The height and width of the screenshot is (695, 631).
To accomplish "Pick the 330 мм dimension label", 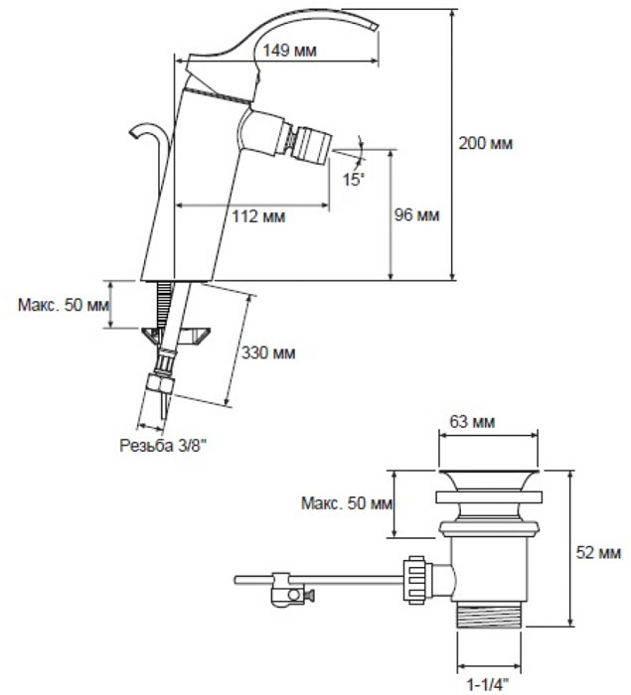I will click(269, 352).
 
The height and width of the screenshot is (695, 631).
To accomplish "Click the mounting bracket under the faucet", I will click(177, 336).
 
